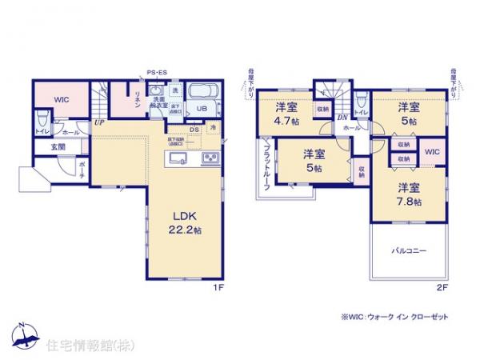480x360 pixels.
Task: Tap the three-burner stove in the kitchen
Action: (211, 156)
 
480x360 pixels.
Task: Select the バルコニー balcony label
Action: (408, 250)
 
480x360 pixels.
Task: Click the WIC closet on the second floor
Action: (430, 152)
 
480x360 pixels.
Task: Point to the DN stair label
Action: (340, 118)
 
